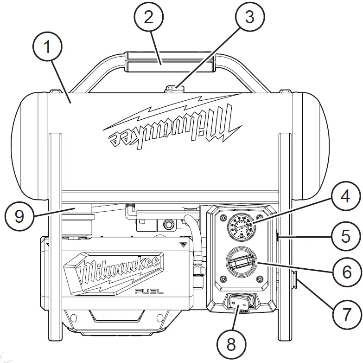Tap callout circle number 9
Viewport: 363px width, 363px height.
click(x=19, y=216)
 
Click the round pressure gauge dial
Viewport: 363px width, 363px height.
click(x=240, y=225)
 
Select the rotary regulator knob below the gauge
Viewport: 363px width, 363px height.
click(x=240, y=263)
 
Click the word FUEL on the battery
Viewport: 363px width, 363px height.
click(x=146, y=291)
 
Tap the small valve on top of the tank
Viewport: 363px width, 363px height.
click(x=173, y=87)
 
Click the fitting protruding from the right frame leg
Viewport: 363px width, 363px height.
click(x=295, y=279)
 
